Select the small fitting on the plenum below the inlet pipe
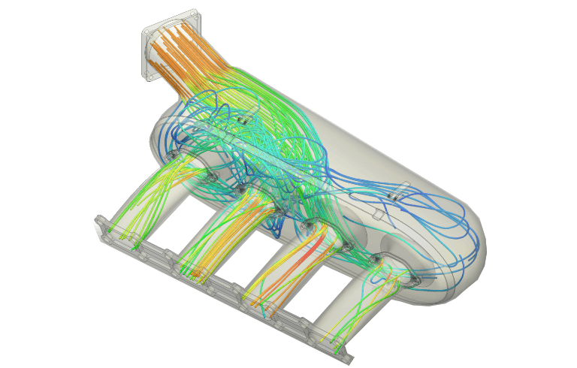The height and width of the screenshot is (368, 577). coord(241,119)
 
